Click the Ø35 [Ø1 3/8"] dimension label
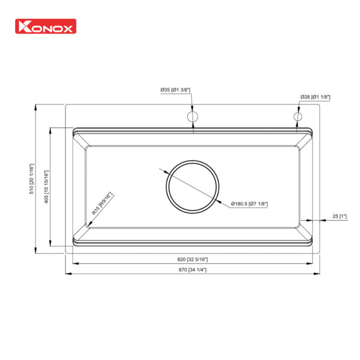tap(175, 90)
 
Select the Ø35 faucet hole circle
tap(193, 116)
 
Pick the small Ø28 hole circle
tap(298, 116)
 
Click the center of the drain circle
tap(193, 185)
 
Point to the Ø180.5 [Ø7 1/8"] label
tap(249, 203)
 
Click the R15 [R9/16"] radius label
tap(102, 203)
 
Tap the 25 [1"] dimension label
tap(339, 216)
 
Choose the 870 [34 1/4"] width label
tap(193, 269)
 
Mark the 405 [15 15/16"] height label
tap(47, 187)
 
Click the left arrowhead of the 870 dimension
tap(67, 274)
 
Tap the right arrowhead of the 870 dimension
tap(319, 274)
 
